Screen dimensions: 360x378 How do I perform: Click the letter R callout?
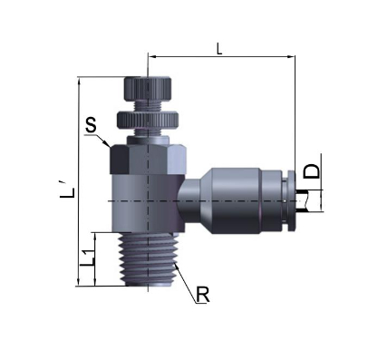click(x=205, y=295)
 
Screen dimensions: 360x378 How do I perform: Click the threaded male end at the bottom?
click(x=146, y=263)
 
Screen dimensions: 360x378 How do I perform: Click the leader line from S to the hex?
click(x=103, y=137)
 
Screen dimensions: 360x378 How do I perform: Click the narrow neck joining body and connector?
click(x=186, y=199)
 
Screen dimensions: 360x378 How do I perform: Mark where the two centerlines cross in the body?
click(x=146, y=199)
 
